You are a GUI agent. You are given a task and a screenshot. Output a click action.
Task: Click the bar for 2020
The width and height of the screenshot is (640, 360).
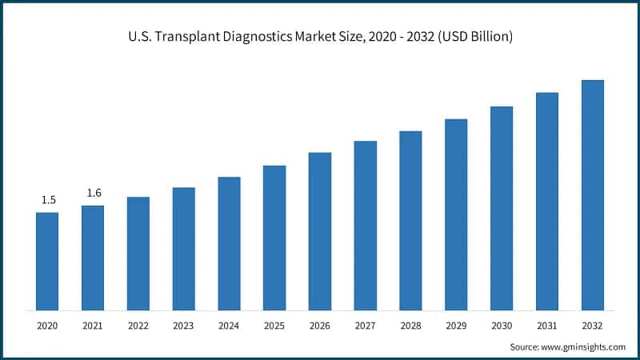click(x=47, y=261)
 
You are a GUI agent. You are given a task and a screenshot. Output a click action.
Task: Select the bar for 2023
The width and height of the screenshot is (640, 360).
click(x=184, y=249)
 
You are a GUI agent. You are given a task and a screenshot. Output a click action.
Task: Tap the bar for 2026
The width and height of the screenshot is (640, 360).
click(x=320, y=231)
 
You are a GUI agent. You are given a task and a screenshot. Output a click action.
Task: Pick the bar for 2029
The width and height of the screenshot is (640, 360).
click(x=456, y=214)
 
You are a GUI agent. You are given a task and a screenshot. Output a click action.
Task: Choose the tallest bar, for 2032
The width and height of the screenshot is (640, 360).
click(x=592, y=195)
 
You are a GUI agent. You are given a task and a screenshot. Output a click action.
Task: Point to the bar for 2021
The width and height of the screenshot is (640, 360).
click(x=93, y=258)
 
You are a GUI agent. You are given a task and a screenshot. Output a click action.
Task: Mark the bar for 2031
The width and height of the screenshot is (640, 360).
click(x=547, y=202)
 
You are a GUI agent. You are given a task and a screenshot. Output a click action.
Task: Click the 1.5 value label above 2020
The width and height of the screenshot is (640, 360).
click(x=48, y=199)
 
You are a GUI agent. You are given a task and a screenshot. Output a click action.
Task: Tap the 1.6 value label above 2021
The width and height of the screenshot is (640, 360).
click(x=93, y=193)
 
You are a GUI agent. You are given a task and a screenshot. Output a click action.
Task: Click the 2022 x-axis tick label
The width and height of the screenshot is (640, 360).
click(x=138, y=326)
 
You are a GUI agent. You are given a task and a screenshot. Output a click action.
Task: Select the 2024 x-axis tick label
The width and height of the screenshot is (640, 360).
click(x=229, y=326)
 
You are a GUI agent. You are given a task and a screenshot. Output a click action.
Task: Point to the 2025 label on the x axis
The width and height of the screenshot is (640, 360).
click(x=274, y=326)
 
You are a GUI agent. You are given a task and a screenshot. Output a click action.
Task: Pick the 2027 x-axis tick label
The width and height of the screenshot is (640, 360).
click(x=366, y=326)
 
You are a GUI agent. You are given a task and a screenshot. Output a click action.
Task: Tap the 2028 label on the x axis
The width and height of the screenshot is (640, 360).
click(x=410, y=326)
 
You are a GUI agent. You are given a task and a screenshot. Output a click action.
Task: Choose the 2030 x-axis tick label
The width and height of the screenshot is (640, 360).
click(x=502, y=326)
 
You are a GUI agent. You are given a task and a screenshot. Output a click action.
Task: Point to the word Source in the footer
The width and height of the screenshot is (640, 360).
click(x=525, y=346)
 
